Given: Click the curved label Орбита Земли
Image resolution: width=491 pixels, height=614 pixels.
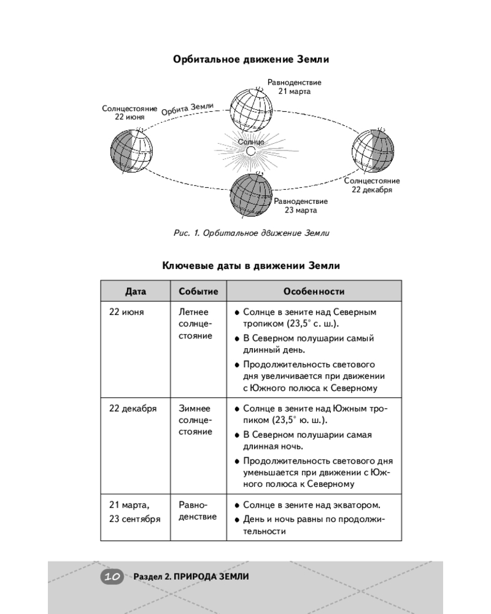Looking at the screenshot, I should click(187, 109).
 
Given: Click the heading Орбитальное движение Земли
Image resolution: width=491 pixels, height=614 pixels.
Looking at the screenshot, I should click(251, 60).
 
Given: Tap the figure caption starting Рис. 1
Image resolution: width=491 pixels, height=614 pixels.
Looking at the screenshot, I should click(251, 233).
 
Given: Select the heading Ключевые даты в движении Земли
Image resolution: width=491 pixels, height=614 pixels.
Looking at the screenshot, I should click(251, 266).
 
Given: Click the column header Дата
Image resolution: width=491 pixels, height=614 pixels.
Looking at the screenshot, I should click(136, 291).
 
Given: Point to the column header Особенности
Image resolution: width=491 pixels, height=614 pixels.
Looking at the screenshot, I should click(314, 291).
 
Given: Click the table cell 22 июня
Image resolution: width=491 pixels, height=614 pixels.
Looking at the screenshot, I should click(127, 312).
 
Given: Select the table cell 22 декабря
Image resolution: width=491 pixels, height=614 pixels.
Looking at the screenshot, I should click(133, 408).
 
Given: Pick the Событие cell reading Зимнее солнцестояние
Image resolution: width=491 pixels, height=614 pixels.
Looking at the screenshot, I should click(196, 419).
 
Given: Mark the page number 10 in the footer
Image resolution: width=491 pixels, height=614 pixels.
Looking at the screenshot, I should click(112, 577).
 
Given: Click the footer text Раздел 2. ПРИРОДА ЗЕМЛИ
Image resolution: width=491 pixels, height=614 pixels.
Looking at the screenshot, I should click(191, 577).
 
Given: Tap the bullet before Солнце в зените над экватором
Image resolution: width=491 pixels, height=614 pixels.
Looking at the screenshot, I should click(237, 505).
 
